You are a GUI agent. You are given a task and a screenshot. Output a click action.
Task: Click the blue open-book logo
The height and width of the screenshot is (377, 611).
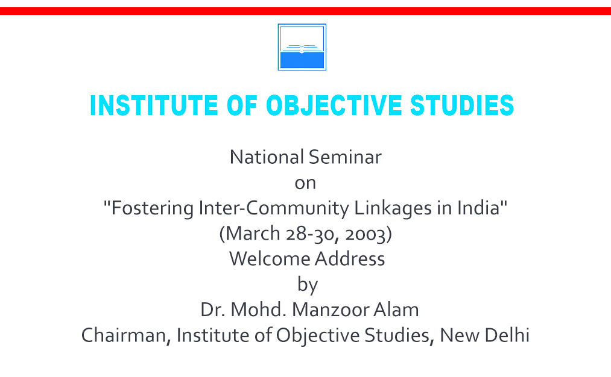(x=302, y=47)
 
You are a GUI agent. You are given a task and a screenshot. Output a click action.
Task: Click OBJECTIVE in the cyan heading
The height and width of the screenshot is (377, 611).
(x=334, y=105)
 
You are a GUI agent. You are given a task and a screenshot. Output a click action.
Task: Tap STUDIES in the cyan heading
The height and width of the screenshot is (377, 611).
(x=462, y=105)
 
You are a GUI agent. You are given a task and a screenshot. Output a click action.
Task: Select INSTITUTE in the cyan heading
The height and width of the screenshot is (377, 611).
(x=154, y=105)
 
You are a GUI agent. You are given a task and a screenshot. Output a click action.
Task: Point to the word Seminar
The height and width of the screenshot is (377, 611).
(x=345, y=157)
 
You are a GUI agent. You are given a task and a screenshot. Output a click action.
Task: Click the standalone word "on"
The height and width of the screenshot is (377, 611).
(x=305, y=183)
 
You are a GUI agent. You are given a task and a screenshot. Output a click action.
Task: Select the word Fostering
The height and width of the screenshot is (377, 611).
(x=152, y=208)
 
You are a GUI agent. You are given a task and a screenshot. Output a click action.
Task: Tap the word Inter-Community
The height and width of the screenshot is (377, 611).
(x=274, y=208)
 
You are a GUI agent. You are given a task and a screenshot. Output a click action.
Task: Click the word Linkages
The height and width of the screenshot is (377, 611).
(x=393, y=208)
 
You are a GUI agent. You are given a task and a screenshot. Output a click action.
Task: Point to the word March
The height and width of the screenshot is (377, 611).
(x=253, y=234)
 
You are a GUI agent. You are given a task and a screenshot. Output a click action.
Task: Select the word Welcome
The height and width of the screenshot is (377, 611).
(x=269, y=259)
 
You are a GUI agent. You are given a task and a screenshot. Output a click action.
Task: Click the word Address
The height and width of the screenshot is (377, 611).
(x=350, y=259)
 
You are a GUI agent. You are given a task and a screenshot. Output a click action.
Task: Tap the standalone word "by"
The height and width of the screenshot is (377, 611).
(x=308, y=285)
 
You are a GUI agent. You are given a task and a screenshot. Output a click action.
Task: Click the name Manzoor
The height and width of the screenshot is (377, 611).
(x=331, y=310)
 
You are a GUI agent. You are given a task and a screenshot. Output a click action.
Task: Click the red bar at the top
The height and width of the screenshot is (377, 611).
(x=305, y=11)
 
